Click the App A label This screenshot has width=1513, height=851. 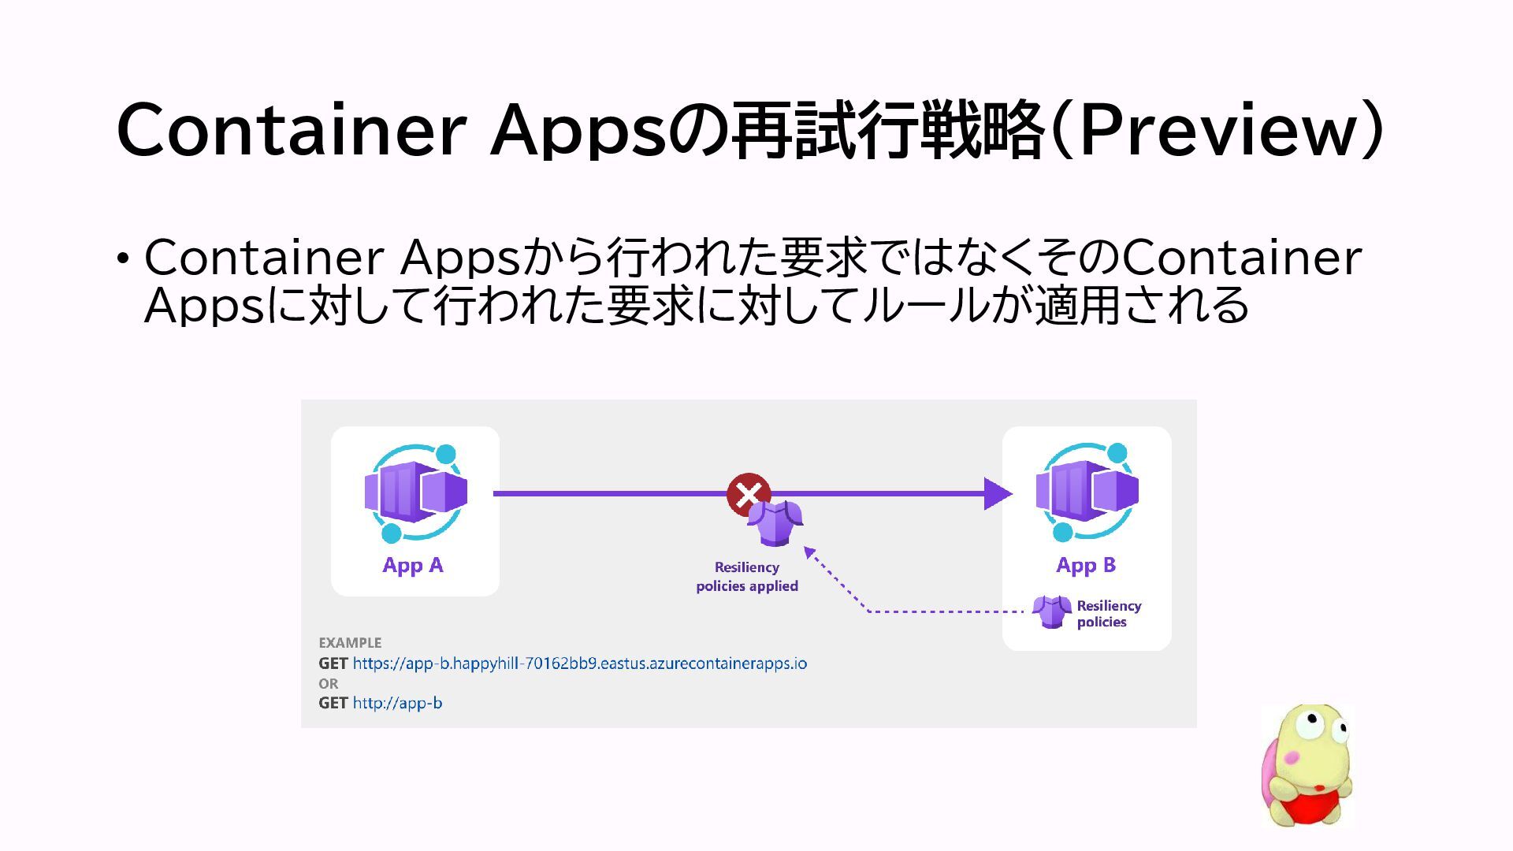point(412,565)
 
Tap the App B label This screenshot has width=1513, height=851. point(1086,565)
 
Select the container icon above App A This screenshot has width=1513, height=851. point(415,493)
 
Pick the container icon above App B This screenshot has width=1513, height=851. point(1087,493)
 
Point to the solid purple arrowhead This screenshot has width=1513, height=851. point(998,494)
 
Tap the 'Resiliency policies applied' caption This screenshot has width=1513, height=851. point(747,577)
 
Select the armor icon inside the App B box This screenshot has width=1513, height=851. point(1051,611)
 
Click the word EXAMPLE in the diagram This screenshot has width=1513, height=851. point(350,643)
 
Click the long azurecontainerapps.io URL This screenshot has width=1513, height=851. point(579,663)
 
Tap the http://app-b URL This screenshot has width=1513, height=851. point(397,703)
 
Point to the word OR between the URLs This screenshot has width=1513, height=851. point(329,683)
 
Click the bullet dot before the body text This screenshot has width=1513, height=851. point(122,258)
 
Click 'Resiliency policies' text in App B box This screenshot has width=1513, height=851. point(1109,614)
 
